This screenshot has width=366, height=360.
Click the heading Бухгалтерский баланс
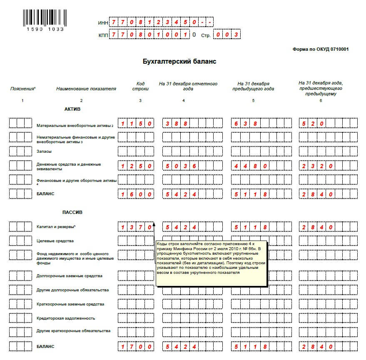click(x=179, y=62)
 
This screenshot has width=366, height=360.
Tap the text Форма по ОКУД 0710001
click(x=320, y=49)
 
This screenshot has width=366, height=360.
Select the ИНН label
click(x=103, y=22)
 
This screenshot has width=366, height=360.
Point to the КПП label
click(x=103, y=35)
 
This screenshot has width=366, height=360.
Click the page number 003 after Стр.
click(x=227, y=35)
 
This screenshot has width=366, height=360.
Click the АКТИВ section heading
click(x=72, y=109)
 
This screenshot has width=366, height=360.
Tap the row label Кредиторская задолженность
click(x=66, y=318)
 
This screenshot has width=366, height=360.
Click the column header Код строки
click(x=140, y=86)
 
